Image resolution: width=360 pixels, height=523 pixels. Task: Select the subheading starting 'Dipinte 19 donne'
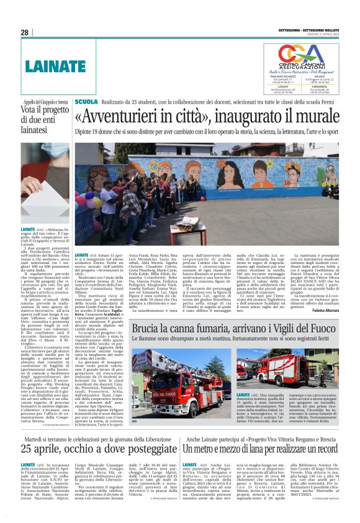[207, 132]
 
